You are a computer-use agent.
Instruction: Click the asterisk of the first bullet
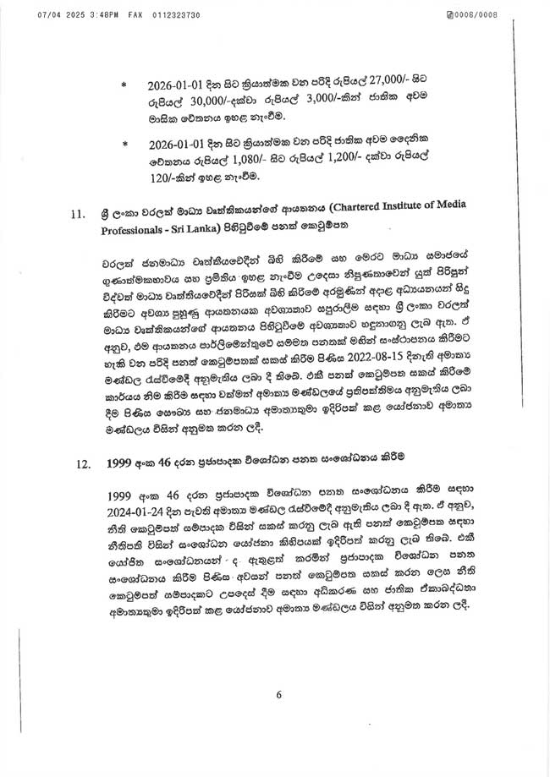(124, 85)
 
